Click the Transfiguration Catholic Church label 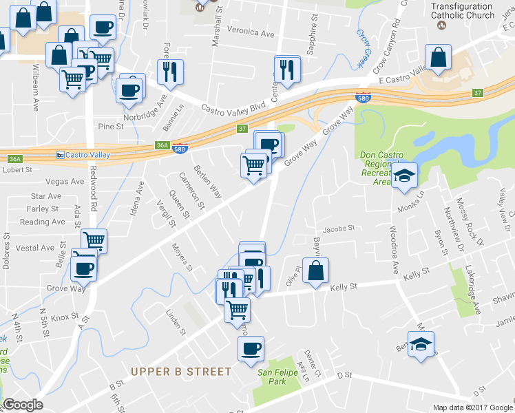[x=463, y=10]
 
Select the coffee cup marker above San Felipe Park [x=251, y=348]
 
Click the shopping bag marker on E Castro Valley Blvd [x=438, y=58]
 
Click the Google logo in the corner [x=23, y=405]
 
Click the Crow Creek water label [x=361, y=47]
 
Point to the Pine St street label [x=110, y=127]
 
